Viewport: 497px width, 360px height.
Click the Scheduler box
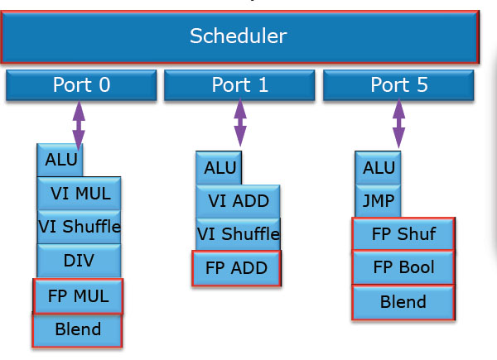239,36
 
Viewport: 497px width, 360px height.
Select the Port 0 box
81,85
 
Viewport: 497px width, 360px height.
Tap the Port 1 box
239,85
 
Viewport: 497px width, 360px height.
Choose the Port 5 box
398,85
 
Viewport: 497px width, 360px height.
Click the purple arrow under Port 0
79,125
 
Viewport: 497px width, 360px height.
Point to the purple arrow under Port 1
240,122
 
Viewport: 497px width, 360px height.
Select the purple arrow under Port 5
398,124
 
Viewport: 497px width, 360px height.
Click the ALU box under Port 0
60,160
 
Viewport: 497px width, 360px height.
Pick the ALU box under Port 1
219,168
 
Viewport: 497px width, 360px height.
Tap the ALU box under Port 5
378,168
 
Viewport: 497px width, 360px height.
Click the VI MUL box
79,194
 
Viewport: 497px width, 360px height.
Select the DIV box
79,261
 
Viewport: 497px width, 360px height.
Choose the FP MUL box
78,296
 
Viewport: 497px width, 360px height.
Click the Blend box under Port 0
77,330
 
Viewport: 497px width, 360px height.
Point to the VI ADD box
238,201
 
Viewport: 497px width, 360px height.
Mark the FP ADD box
236,268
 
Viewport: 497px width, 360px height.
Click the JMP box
378,201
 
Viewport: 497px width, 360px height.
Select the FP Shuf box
403,234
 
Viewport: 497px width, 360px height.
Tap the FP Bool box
403,267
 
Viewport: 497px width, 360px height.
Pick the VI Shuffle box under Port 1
238,234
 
